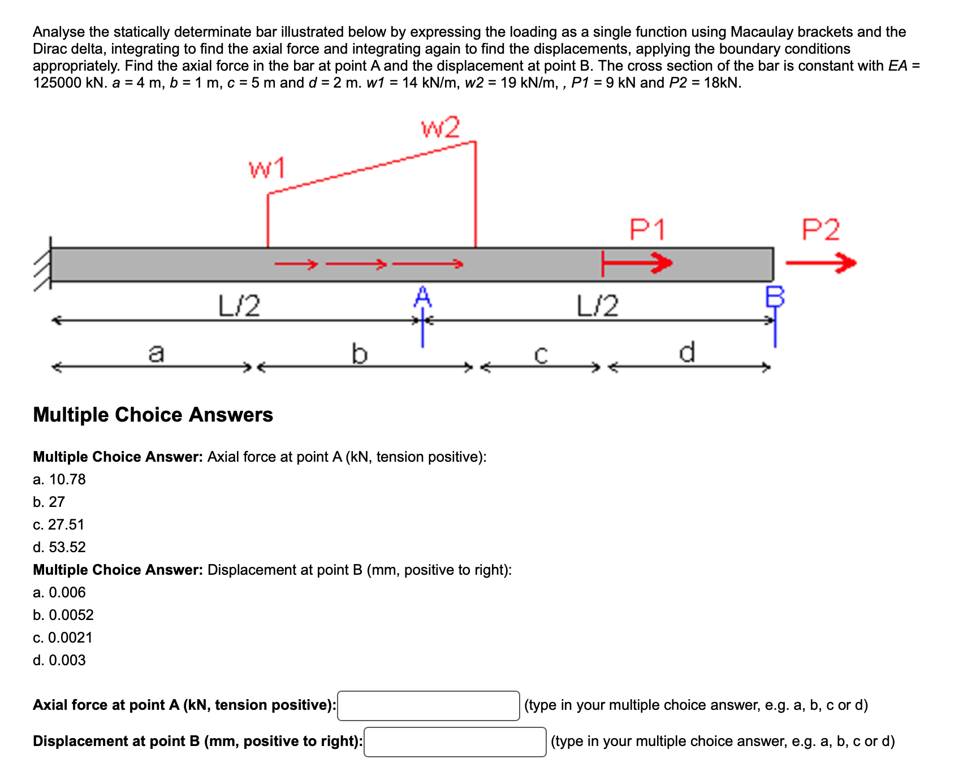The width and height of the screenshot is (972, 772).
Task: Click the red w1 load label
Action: click(267, 168)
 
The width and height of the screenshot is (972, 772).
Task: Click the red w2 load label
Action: click(440, 128)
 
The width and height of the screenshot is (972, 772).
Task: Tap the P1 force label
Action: click(647, 230)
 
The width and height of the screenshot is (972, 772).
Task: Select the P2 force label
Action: click(821, 230)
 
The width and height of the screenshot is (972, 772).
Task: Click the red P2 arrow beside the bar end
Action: click(821, 263)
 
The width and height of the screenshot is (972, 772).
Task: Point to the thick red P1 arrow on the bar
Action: click(638, 263)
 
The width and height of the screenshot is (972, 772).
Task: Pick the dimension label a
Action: click(156, 353)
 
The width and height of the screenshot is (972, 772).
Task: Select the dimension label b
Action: click(359, 354)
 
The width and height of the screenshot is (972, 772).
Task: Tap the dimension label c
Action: click(541, 355)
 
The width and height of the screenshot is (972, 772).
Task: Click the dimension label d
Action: click(686, 352)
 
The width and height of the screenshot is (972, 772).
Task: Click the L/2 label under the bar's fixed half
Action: click(239, 306)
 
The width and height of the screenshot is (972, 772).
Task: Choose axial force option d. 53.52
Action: click(59, 547)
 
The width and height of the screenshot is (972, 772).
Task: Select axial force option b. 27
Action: click(49, 502)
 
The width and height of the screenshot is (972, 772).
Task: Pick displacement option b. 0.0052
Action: click(63, 615)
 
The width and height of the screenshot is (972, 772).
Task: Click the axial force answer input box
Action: click(428, 706)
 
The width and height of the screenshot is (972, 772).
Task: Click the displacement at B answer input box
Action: click(455, 742)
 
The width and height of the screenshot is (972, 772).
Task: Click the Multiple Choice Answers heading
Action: click(153, 415)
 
